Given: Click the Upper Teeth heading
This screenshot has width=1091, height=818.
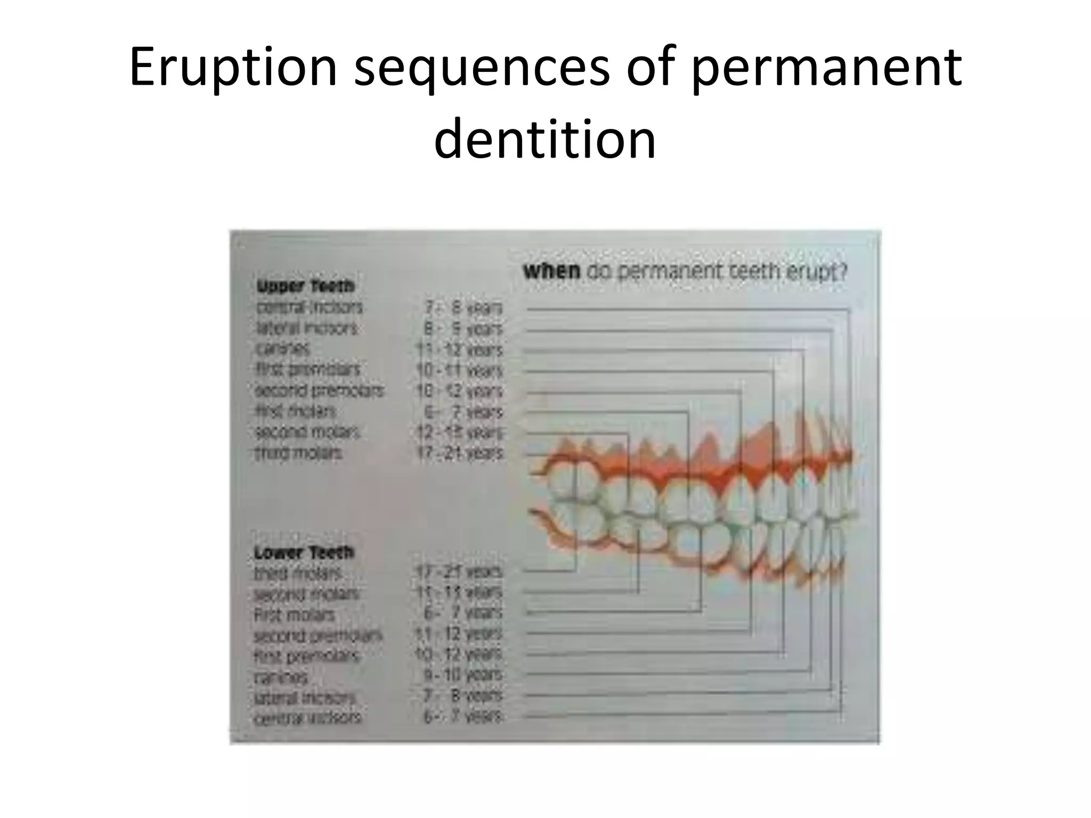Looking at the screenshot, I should [x=305, y=287].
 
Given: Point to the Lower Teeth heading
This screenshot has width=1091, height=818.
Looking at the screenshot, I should [x=304, y=553].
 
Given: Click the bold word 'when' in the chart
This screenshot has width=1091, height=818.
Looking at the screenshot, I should [x=551, y=272].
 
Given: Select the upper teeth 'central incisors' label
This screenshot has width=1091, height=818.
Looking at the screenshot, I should [x=309, y=307].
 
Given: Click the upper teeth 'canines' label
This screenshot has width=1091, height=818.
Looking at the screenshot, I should [x=282, y=349].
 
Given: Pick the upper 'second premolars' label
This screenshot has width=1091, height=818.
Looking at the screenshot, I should [x=319, y=390].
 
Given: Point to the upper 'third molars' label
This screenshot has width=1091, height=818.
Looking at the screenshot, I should [x=298, y=453].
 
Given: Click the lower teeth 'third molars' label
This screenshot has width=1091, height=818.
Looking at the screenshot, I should [x=297, y=574].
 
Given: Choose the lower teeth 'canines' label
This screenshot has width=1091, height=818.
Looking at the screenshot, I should [x=281, y=677].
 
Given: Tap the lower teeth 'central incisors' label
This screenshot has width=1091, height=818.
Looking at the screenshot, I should [x=307, y=718].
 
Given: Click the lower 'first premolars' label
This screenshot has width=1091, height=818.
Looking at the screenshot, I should [x=306, y=656].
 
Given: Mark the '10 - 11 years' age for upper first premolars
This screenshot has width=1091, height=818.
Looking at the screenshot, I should [x=459, y=370].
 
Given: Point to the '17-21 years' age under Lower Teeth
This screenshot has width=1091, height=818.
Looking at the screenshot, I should [x=459, y=572].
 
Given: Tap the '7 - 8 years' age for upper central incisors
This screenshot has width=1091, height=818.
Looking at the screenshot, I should [x=462, y=308].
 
